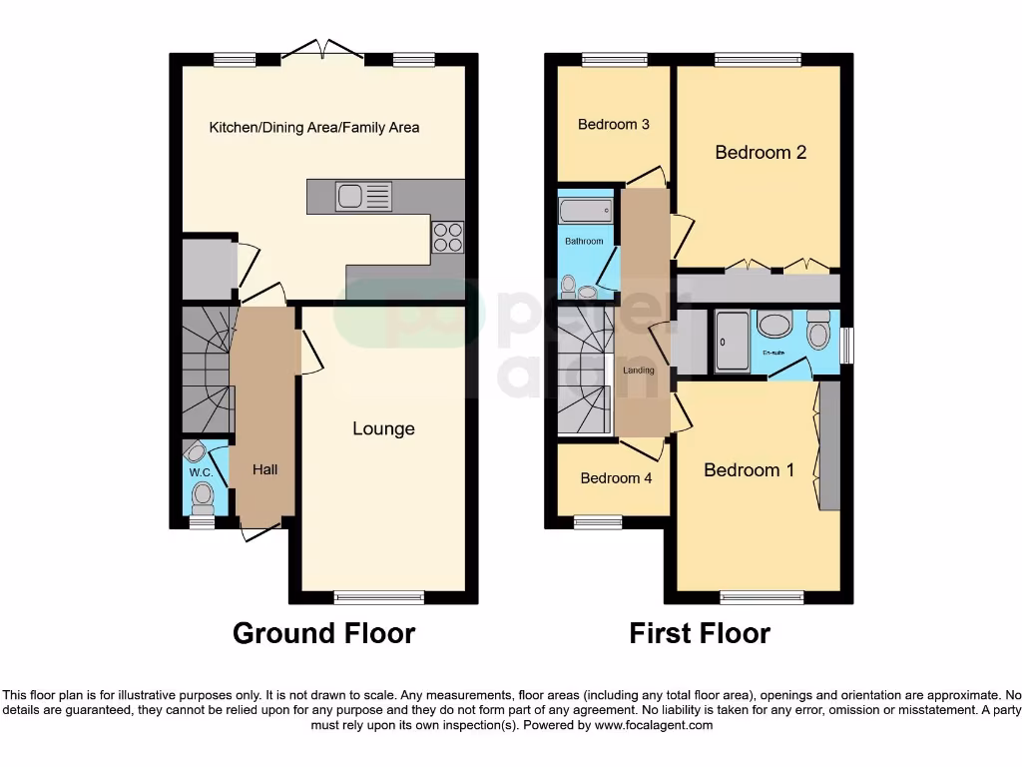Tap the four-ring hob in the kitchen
(447, 236)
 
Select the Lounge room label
(383, 428)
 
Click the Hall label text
(264, 469)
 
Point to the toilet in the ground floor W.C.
(204, 493)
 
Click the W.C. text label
(201, 471)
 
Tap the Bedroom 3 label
(614, 125)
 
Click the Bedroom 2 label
(761, 153)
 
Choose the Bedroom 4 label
(616, 477)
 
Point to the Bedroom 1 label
(749, 469)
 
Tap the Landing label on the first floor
(639, 371)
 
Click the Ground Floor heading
(323, 633)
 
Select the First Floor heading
(700, 633)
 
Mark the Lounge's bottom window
(379, 598)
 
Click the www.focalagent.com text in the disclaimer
(653, 726)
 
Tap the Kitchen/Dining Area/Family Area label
(313, 127)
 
